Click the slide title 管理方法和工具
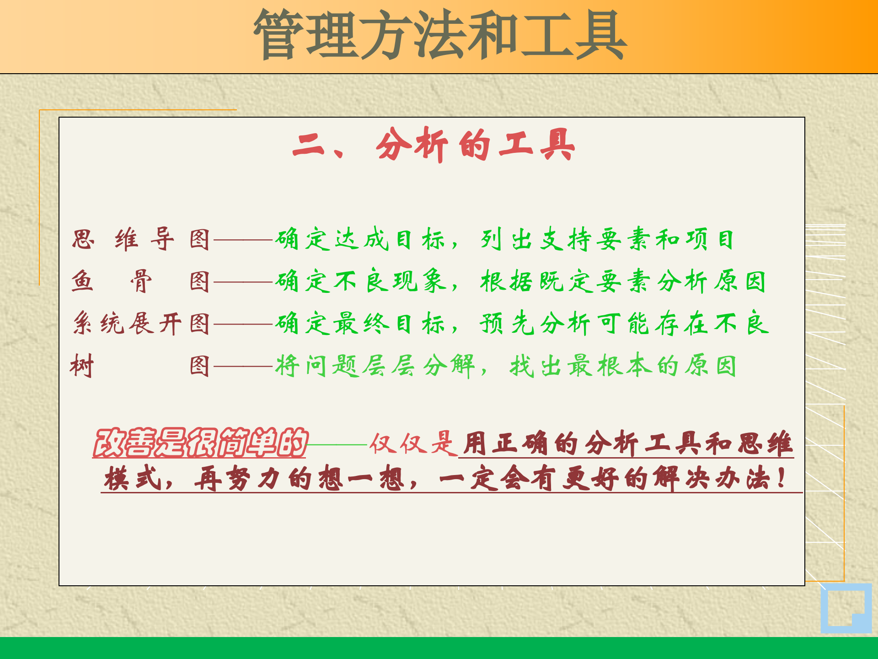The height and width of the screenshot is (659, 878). pyautogui.click(x=440, y=36)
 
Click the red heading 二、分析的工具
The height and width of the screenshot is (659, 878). pyautogui.click(x=434, y=145)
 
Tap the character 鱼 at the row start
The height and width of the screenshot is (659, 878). pyautogui.click(x=83, y=281)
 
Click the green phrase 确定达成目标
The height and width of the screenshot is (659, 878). pyautogui.click(x=359, y=239)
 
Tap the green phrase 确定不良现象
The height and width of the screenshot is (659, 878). pyautogui.click(x=360, y=281)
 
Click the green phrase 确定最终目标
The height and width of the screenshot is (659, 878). pyautogui.click(x=359, y=324)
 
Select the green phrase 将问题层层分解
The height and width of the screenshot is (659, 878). pyautogui.click(x=375, y=366)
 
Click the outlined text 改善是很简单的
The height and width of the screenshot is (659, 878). pyautogui.click(x=200, y=443)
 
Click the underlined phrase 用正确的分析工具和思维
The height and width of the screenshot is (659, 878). pyautogui.click(x=626, y=443)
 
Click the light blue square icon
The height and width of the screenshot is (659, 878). pyautogui.click(x=846, y=608)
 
